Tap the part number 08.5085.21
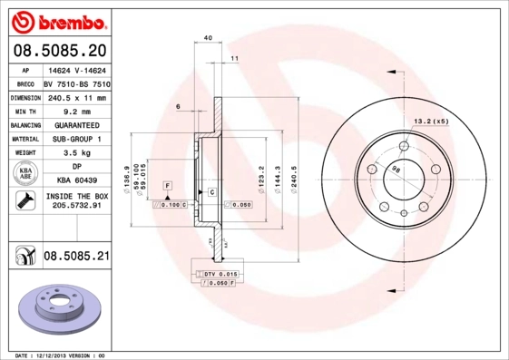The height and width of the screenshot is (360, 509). pyautogui.click(x=76, y=257)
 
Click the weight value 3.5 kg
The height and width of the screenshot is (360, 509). pyautogui.click(x=76, y=155)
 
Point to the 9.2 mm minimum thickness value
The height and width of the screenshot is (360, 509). pyautogui.click(x=76, y=111)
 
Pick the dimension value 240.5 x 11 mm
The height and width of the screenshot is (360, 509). pyautogui.click(x=76, y=97)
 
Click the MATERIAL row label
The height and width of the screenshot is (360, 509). pyautogui.click(x=25, y=140)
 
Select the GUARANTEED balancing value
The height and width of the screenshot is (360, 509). pyautogui.click(x=76, y=125)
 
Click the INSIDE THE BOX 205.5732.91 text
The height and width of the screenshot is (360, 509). pyautogui.click(x=76, y=201)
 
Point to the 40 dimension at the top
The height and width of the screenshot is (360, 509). pyautogui.click(x=208, y=38)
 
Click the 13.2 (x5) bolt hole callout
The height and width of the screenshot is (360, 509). pyautogui.click(x=431, y=122)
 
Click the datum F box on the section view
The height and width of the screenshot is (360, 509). pyautogui.click(x=168, y=185)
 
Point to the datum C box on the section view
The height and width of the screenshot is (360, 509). pyautogui.click(x=211, y=192)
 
